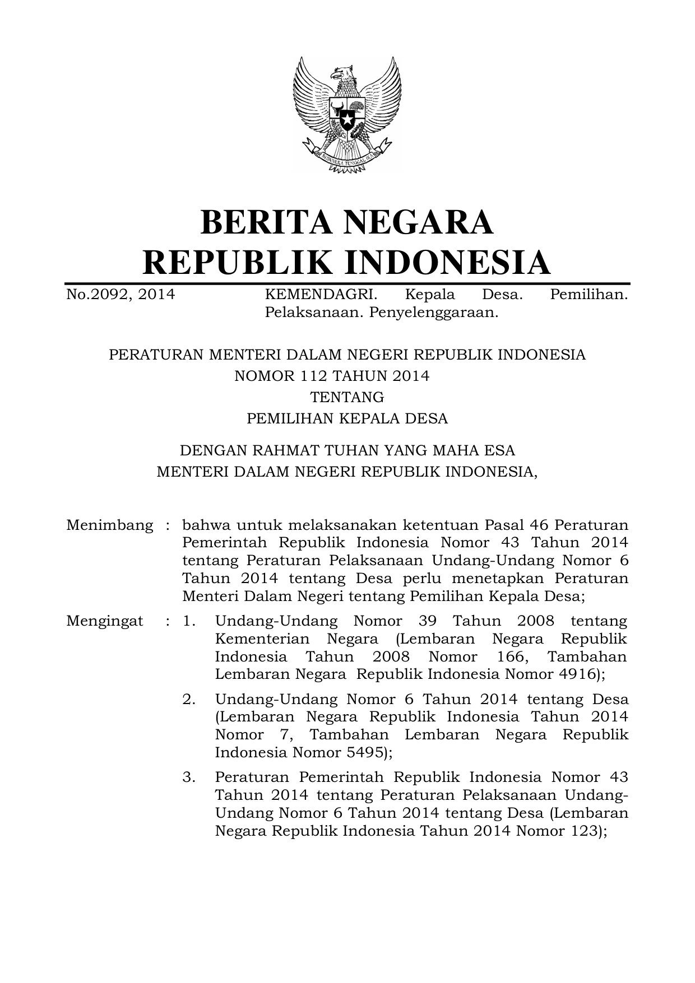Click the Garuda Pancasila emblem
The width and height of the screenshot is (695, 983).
pyautogui.click(x=347, y=115)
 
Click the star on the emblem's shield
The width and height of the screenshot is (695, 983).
pyautogui.click(x=347, y=119)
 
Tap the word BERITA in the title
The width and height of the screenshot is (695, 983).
pyautogui.click(x=260, y=222)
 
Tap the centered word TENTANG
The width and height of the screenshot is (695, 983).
pyautogui.click(x=347, y=397)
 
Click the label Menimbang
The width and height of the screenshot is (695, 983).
pyautogui.click(x=109, y=525)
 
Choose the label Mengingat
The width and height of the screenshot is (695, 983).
pyautogui.click(x=105, y=621)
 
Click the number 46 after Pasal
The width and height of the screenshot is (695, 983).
pyautogui.click(x=540, y=525)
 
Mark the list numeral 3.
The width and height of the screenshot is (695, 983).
pyautogui.click(x=188, y=778)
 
